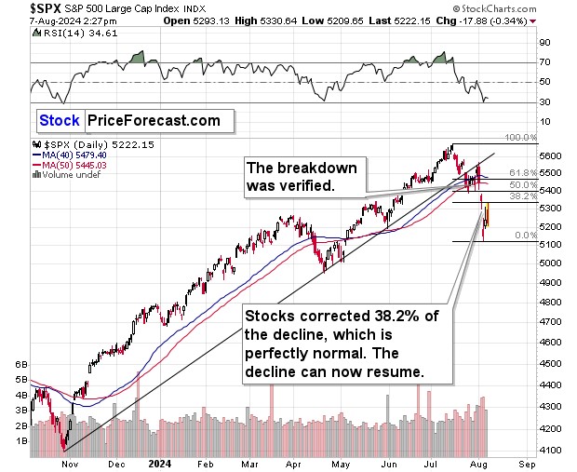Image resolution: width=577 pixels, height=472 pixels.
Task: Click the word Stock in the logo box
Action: point(60,120)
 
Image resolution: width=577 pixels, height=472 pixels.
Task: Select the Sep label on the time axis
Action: point(528,462)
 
